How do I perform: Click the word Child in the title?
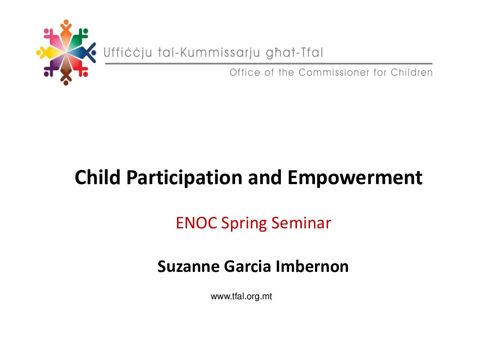point(97,177)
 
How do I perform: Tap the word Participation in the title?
point(184,178)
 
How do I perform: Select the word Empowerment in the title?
point(355,178)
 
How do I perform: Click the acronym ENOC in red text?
point(196,223)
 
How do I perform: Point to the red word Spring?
point(244,224)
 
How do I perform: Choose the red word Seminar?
point(301,223)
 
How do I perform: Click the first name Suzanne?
point(189,267)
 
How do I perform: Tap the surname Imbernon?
point(312,266)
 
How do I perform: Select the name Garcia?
point(247,266)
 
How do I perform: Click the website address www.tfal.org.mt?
point(241,297)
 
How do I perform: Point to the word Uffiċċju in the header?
point(128,52)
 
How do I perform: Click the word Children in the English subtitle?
point(411,72)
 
